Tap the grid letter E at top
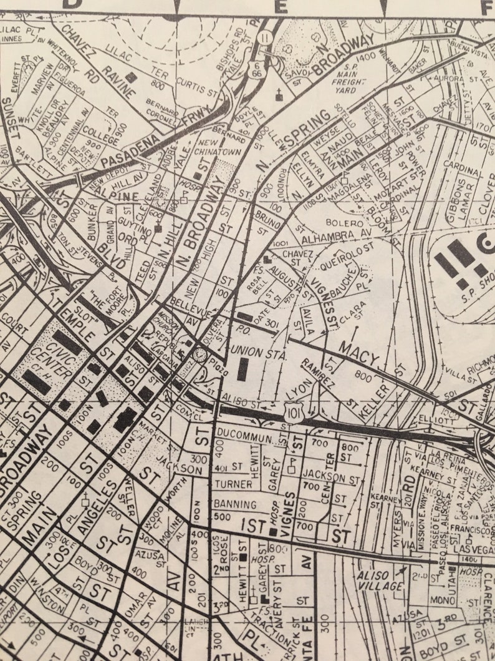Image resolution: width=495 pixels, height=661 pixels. tap(281, 7)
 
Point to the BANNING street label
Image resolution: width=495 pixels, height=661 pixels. tap(234, 504)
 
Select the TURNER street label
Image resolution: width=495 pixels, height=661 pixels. tap(233, 484)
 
